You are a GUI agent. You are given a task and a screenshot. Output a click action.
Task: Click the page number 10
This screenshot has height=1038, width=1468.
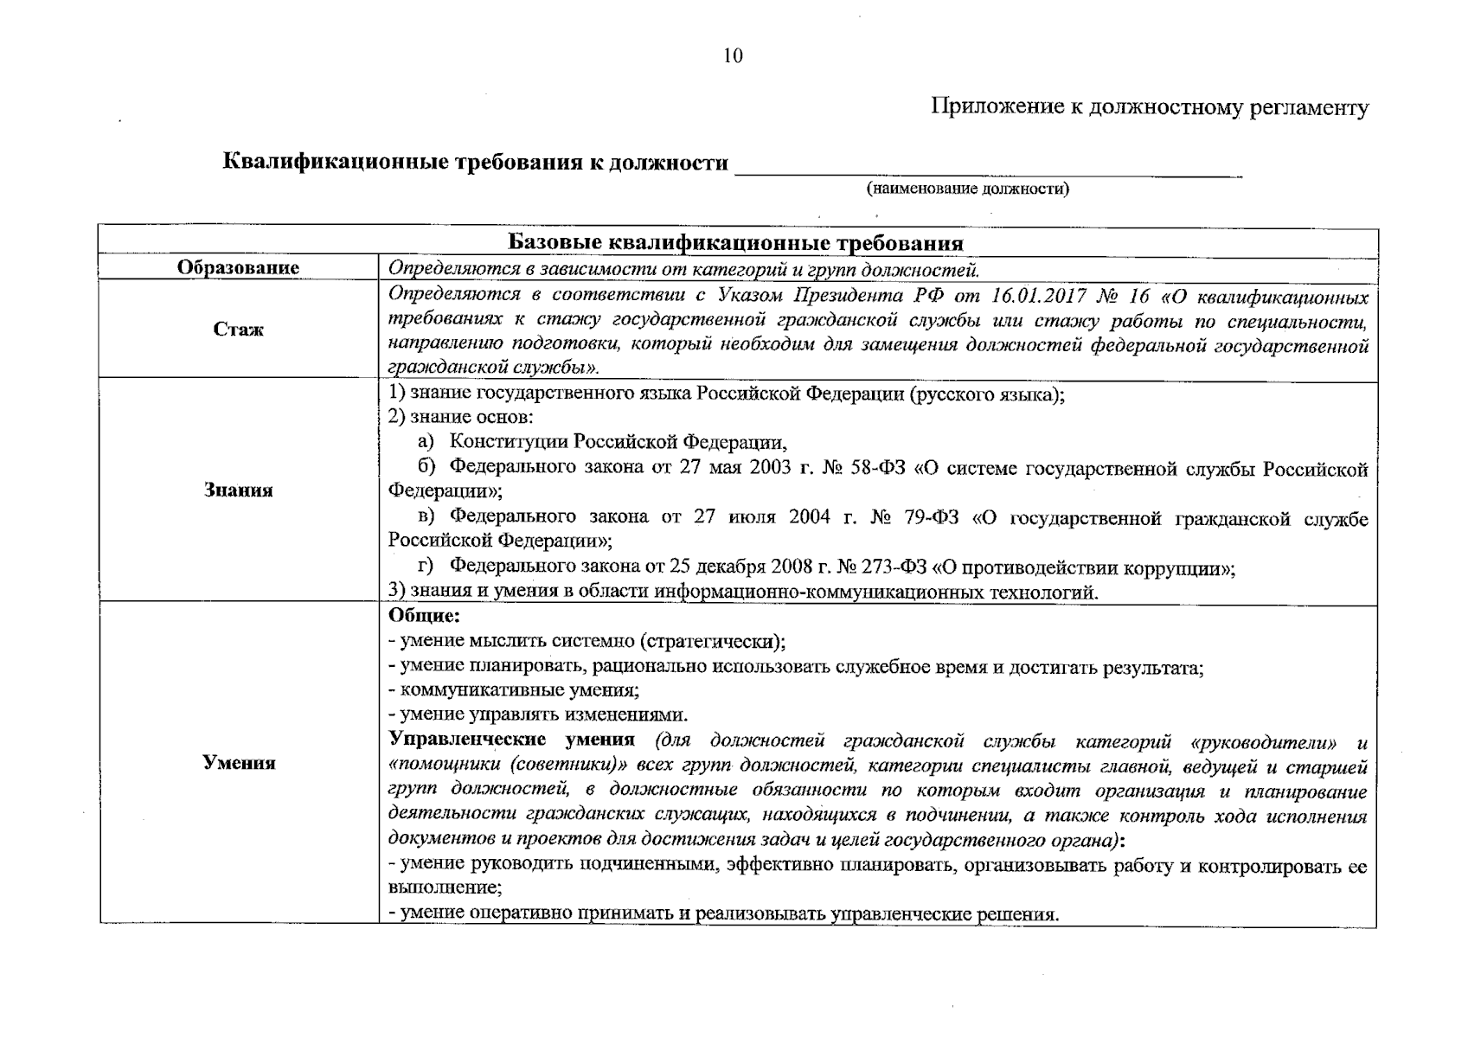point(732,56)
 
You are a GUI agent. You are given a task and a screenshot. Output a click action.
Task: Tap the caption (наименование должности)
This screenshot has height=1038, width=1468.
point(968,189)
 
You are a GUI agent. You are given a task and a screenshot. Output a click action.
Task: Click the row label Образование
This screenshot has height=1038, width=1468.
point(238,268)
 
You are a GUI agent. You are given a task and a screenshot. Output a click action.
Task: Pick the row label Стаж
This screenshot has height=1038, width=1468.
point(238,330)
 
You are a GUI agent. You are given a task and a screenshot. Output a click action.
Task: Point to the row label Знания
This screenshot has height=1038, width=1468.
point(238,490)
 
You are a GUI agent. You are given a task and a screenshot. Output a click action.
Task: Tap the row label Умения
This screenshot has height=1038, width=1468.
point(238,763)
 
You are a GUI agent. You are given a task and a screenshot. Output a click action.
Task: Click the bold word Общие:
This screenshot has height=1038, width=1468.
point(424,617)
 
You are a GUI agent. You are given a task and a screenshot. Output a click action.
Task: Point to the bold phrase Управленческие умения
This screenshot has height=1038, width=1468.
point(511,741)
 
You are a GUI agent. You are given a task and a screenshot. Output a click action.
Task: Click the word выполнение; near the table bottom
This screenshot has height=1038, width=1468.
point(445,888)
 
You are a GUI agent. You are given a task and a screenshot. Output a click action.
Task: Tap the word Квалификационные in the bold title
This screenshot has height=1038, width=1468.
point(335,163)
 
